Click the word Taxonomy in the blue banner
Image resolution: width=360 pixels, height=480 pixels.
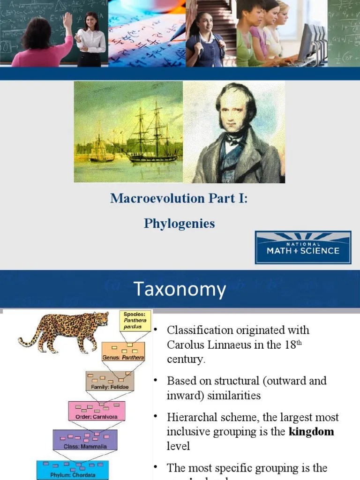180,289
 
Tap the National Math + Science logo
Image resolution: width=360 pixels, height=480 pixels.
303,247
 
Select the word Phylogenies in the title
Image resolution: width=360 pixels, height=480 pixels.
179,224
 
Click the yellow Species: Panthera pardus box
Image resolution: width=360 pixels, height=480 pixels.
135,321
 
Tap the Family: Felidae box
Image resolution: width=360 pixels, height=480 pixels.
110,381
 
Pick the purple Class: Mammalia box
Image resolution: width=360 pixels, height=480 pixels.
86,440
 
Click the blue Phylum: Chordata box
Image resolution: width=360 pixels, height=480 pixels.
73,470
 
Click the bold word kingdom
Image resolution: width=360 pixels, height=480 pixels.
311,431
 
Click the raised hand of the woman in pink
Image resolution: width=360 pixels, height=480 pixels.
68,20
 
